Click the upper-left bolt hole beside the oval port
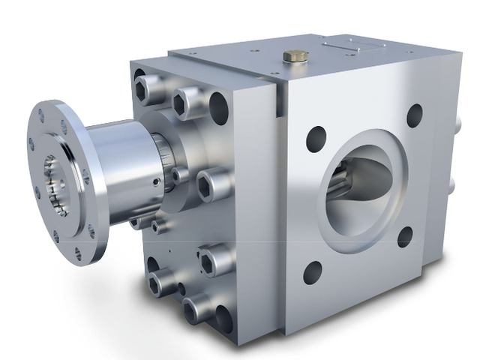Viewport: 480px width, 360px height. click(x=316, y=139)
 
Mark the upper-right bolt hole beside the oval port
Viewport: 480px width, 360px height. click(x=414, y=115)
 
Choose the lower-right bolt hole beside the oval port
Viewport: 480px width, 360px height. click(x=405, y=237)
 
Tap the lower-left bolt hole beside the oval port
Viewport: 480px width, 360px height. click(x=312, y=271)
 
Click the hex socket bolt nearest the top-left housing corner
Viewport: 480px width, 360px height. click(x=150, y=88)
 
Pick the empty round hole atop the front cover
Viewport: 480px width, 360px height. click(x=218, y=106)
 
